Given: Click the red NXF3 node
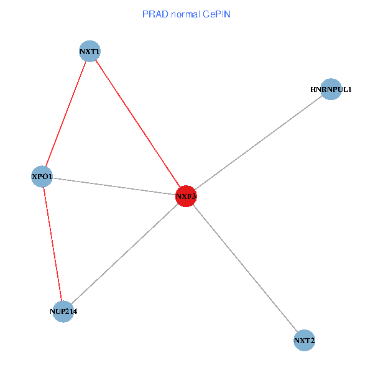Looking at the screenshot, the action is [x=186, y=196].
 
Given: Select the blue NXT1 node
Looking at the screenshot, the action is [x=90, y=51].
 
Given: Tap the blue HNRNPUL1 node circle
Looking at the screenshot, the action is [x=331, y=90].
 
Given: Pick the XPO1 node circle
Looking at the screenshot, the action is [x=42, y=177].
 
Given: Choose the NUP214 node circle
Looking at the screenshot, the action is [x=63, y=311].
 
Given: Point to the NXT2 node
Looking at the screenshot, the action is [x=304, y=341].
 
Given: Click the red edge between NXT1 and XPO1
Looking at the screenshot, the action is [x=66, y=114].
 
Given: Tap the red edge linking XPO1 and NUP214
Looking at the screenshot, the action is [x=53, y=244].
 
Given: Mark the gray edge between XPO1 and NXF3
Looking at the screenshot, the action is [x=114, y=186].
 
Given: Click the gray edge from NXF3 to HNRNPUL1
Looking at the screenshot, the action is [x=258, y=143].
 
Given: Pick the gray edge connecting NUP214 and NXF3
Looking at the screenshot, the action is [x=124, y=254].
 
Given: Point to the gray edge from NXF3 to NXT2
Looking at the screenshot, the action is [x=245, y=269].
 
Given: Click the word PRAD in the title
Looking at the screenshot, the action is [x=154, y=14].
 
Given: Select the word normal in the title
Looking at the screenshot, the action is [x=186, y=14].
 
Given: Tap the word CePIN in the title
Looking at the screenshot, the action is [x=217, y=14].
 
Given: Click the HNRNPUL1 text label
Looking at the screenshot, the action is [x=331, y=90].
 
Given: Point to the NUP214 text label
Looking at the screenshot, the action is [x=63, y=311].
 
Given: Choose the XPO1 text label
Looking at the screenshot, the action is [x=42, y=177].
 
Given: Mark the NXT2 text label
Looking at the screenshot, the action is [x=304, y=341].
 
